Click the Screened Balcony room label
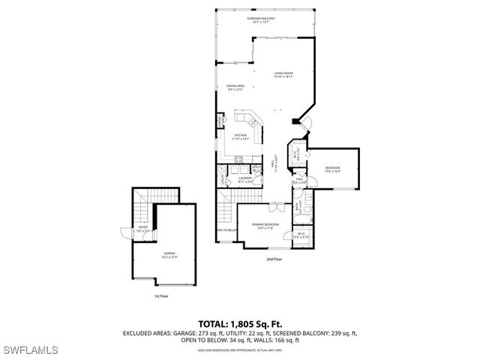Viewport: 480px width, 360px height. click(x=261, y=19)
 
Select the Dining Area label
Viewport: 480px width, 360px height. click(x=236, y=88)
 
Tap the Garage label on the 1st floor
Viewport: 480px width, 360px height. click(x=170, y=255)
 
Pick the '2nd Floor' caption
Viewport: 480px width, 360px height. click(x=274, y=259)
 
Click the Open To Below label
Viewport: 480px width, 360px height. click(x=226, y=229)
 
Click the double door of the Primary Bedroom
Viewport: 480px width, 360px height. click(x=277, y=205)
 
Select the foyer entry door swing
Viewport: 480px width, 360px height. click(x=121, y=234)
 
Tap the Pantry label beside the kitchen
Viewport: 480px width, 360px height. click(x=220, y=121)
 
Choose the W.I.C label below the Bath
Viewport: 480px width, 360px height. click(x=300, y=235)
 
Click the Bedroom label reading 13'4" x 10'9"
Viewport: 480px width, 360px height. click(x=333, y=169)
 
